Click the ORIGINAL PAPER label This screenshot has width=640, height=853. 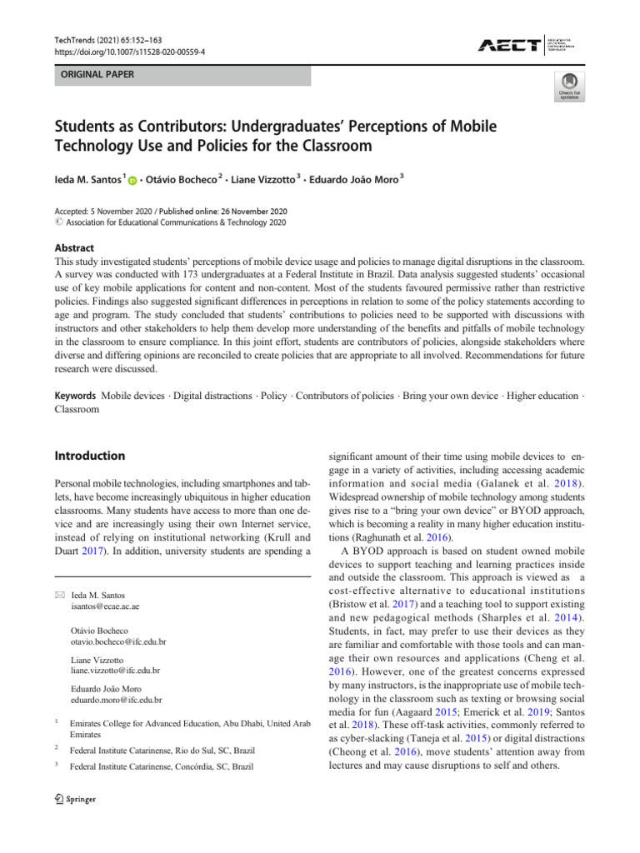click(x=95, y=75)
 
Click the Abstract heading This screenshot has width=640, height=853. click(x=73, y=248)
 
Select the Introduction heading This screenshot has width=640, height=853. click(x=90, y=456)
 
